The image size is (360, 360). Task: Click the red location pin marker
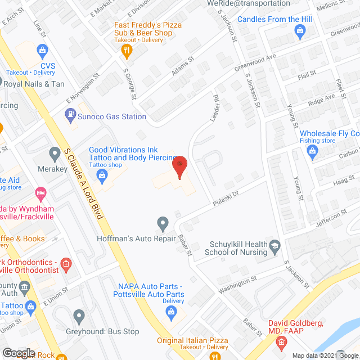pos(179,168)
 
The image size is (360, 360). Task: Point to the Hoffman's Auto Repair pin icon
pos(163,224)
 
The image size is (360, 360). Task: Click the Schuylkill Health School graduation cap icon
pos(274,246)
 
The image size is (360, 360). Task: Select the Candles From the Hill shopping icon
pos(230,19)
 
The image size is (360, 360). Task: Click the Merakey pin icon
pos(55,152)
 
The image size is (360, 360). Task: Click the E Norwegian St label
pos(83,89)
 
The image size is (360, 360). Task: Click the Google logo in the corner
pos(19,353)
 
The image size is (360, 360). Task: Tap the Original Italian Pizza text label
pos(192,341)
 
